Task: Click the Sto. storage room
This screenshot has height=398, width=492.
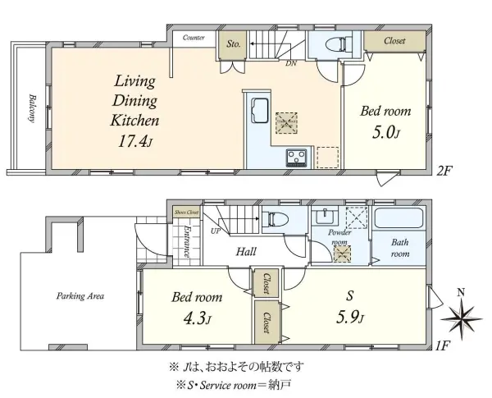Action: click(233, 44)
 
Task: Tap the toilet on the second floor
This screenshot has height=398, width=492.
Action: click(335, 44)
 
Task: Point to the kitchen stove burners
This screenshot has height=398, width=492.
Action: click(295, 157)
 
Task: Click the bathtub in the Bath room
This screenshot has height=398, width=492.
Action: click(397, 220)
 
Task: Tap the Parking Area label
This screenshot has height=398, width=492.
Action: click(80, 295)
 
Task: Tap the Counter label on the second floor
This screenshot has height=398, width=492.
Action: click(194, 38)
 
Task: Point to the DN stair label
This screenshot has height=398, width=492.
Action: click(291, 63)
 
